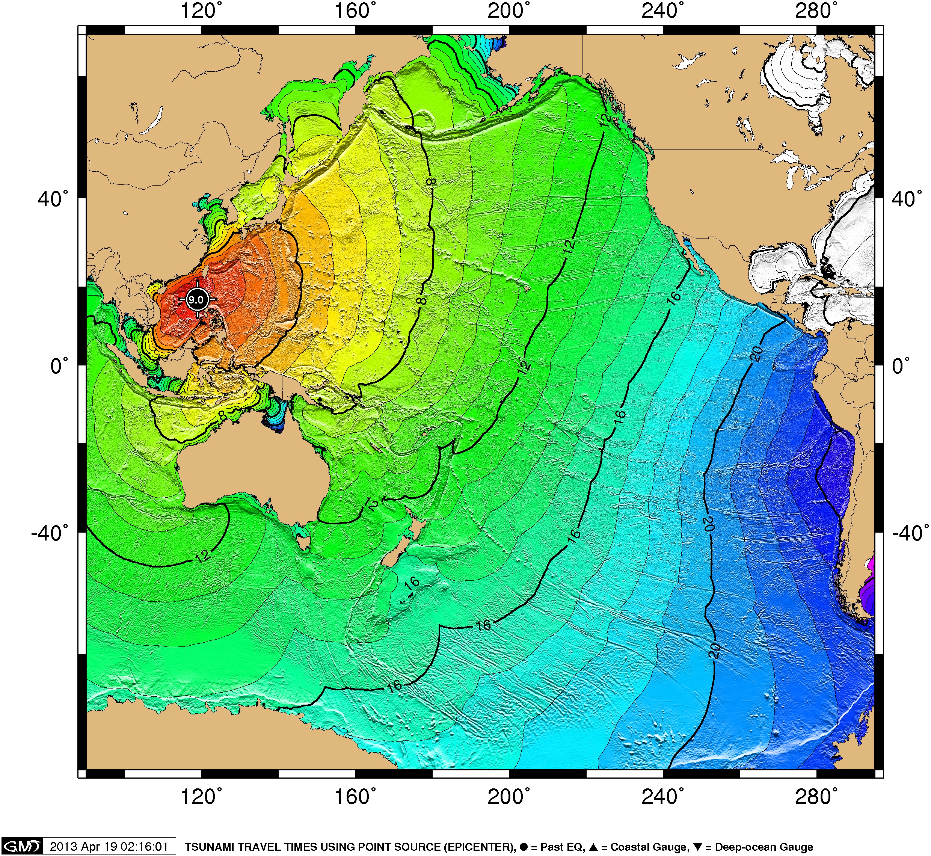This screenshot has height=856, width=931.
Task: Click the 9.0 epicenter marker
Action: coord(196,299)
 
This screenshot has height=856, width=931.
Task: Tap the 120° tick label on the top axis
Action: coord(201,10)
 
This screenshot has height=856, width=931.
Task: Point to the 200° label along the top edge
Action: coord(508,10)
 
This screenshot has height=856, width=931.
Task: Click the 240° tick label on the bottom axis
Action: coord(662,797)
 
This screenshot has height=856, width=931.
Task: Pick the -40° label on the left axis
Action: coord(50,533)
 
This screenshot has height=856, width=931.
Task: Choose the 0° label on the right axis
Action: coord(901,366)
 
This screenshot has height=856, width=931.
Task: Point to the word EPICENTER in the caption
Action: coord(478,847)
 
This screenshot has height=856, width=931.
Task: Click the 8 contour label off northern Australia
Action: coord(223,415)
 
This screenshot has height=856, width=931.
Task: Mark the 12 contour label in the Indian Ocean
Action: coord(203,556)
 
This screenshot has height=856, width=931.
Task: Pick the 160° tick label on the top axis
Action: coord(355,10)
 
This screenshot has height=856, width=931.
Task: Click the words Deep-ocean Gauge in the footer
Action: coord(764,847)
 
